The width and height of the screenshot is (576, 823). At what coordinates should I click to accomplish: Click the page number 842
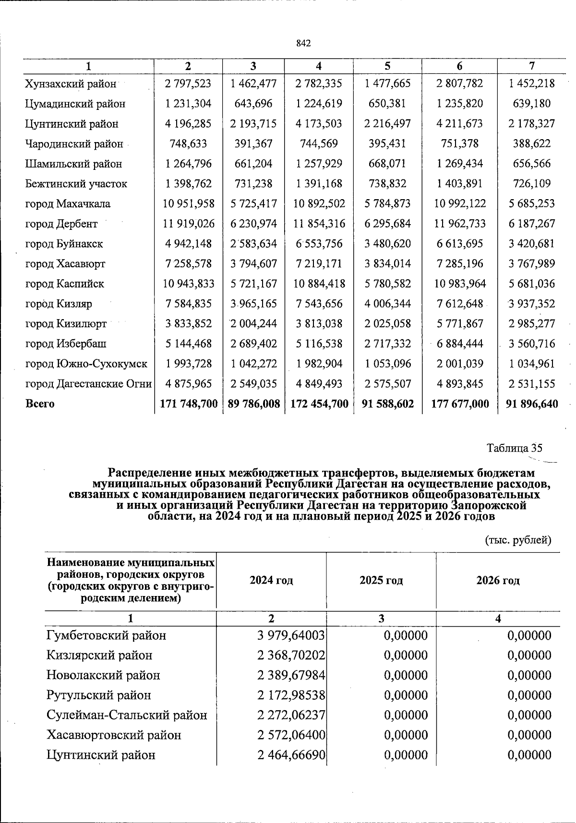[303, 43]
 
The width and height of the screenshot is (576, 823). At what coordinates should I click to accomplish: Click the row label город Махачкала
[68, 204]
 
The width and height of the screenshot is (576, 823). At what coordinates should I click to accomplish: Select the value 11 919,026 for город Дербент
[188, 224]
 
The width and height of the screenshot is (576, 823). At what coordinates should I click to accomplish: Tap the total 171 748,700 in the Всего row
[188, 404]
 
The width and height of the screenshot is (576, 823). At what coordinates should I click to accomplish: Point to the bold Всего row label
[40, 404]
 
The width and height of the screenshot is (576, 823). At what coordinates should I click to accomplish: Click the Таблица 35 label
[514, 448]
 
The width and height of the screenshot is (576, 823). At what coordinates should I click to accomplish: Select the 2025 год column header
[381, 581]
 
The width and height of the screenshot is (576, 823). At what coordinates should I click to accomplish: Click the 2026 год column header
[498, 581]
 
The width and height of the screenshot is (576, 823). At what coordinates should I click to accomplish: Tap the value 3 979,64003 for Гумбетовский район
[291, 636]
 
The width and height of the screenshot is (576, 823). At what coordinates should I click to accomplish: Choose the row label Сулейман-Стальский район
[127, 716]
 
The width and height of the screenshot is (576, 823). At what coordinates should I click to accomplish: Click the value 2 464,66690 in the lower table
[291, 755]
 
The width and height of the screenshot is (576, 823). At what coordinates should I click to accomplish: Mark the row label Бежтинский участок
[76, 184]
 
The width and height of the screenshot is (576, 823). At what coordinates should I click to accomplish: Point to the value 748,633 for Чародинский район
[188, 144]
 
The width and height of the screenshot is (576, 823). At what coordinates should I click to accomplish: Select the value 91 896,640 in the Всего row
[532, 404]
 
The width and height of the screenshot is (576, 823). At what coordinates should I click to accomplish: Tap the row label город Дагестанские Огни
[88, 384]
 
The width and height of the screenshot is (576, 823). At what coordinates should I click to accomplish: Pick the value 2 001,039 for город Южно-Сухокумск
[459, 364]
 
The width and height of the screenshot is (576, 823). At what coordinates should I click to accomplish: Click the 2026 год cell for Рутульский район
[529, 695]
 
